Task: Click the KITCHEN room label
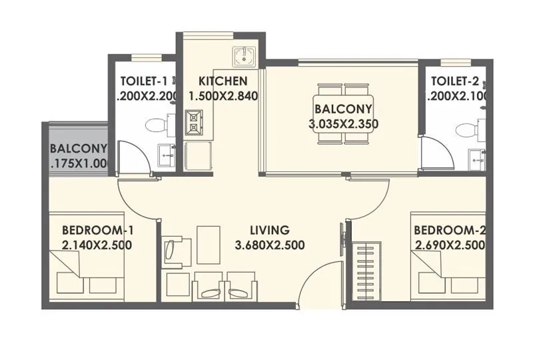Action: (223, 82)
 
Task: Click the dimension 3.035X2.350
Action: (344, 123)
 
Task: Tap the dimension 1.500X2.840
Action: (223, 97)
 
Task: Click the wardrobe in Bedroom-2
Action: (366, 273)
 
